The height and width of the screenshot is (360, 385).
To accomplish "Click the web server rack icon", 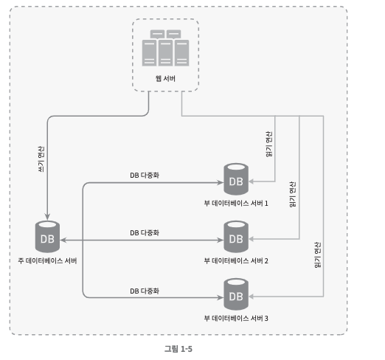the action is point(165,48).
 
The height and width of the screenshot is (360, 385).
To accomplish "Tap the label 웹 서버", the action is point(165,79).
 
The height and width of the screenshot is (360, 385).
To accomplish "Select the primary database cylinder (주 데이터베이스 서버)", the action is point(47,237).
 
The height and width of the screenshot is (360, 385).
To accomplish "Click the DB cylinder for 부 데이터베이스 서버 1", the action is point(236,179).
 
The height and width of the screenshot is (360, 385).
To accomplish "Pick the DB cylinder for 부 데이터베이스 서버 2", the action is point(236,237).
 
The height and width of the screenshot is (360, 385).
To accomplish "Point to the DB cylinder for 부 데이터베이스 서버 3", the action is point(236,294).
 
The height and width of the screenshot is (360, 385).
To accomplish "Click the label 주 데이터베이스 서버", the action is point(47,260).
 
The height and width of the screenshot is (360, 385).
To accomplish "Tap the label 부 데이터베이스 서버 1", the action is point(236,204).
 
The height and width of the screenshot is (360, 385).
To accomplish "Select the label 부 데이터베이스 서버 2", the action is point(236,260).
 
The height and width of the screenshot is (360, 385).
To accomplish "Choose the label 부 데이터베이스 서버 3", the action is point(236,318).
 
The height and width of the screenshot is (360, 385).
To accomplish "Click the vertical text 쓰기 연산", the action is point(41,159).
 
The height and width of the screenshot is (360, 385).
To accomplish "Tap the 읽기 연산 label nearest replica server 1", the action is point(269,144).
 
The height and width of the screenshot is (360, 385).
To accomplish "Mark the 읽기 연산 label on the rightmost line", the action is point(318,255).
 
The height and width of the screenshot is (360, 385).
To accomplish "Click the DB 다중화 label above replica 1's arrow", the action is point(145,176).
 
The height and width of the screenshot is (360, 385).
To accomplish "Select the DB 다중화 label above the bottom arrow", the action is point(145,291).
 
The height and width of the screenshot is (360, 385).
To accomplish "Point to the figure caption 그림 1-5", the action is point(178,349).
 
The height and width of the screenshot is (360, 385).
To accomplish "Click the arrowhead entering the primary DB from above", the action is point(47,217).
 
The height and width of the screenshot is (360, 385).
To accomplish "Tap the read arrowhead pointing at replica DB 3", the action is point(252,297).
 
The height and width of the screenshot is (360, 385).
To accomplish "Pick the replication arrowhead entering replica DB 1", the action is point(221,183).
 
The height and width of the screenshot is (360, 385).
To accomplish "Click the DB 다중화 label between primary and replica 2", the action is point(145,233).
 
